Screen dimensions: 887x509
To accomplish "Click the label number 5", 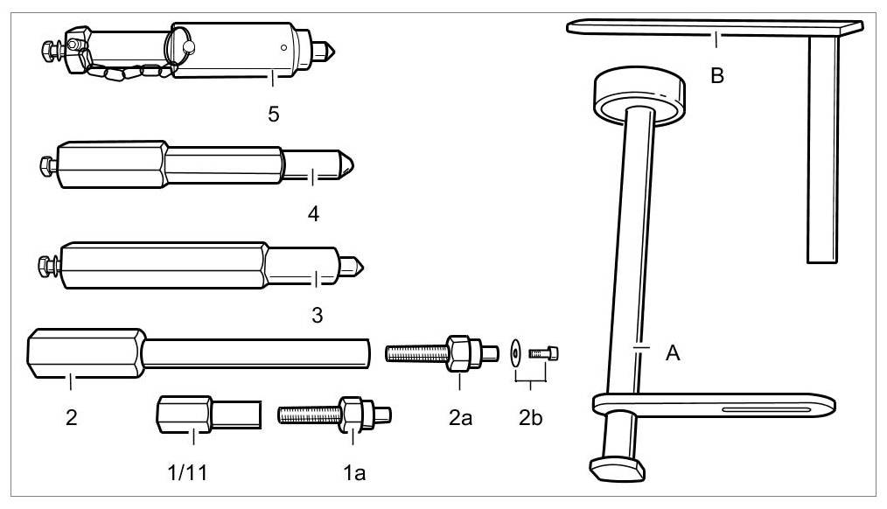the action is coord(274,115).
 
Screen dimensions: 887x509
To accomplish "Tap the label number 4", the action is coord(312,213).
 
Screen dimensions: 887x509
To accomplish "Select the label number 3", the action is coord(317,315).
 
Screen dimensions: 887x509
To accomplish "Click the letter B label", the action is coord(717,76).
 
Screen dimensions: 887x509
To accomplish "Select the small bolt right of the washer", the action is coord(544,353).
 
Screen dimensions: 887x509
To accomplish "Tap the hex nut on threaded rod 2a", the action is coord(460,352).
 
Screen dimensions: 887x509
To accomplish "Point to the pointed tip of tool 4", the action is coord(347,164).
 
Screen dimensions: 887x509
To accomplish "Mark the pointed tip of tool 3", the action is coord(358,263).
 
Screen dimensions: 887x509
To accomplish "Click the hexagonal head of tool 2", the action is coord(83,353).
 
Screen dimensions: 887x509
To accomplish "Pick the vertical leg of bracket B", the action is coord(822,149).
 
